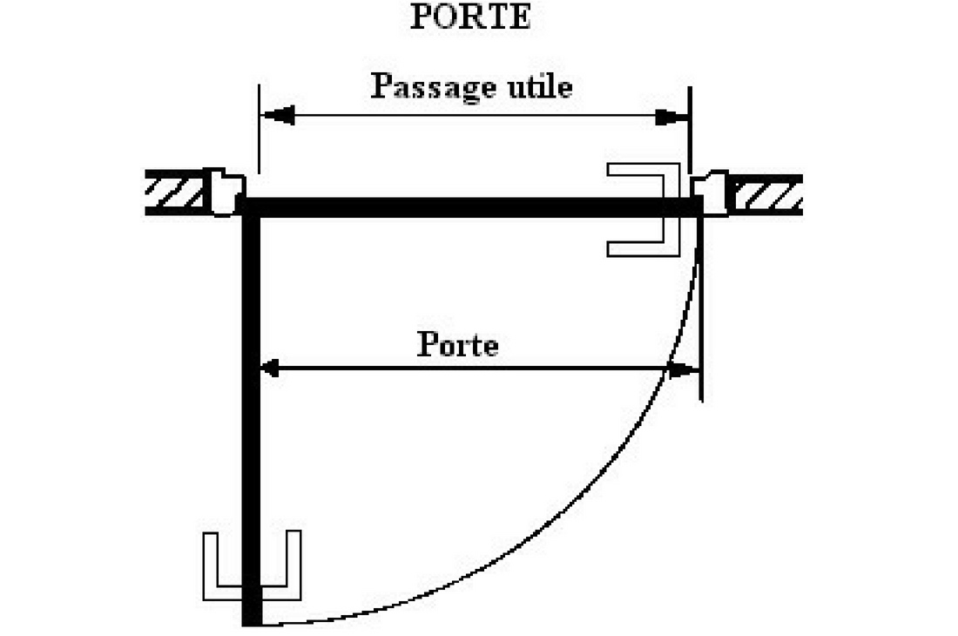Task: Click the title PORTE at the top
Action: coord(470,18)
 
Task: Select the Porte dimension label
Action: coord(458,345)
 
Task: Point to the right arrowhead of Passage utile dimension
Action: coord(671,117)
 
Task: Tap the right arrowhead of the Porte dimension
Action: coord(688,370)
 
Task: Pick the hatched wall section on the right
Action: coord(766,194)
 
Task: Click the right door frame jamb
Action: coord(710,193)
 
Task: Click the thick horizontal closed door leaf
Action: coord(470,207)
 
